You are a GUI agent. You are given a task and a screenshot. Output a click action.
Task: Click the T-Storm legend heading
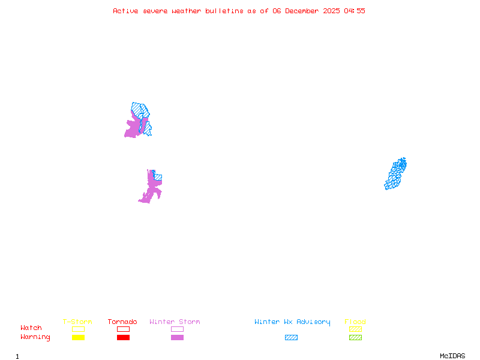click(x=77, y=322)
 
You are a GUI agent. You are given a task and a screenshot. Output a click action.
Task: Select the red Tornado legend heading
click(x=122, y=322)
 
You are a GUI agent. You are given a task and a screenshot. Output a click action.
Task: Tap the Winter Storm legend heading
click(x=175, y=322)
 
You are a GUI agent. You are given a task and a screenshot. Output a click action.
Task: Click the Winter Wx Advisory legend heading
click(x=292, y=322)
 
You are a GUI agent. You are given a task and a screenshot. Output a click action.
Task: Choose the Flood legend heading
click(x=355, y=322)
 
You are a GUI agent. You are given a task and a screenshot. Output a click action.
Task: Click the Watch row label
click(x=31, y=328)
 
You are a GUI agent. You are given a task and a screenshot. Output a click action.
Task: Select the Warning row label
click(x=35, y=337)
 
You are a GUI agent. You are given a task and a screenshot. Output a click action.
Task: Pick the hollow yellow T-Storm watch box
click(x=78, y=329)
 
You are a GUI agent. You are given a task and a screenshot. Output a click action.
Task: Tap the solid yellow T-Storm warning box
click(x=78, y=338)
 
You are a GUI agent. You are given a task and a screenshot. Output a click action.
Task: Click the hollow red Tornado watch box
click(x=123, y=329)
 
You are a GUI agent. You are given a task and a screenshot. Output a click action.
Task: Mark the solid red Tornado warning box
click(x=123, y=338)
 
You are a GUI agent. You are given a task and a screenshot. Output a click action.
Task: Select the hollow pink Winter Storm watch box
click(x=177, y=329)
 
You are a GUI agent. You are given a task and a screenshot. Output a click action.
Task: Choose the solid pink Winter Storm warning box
click(x=177, y=338)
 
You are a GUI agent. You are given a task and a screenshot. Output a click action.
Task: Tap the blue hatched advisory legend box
click(x=291, y=338)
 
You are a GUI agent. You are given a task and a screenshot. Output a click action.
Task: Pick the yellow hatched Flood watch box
click(x=355, y=329)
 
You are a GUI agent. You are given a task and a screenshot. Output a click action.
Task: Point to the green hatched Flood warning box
click(x=355, y=338)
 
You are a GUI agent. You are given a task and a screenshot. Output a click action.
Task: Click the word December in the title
click(x=305, y=11)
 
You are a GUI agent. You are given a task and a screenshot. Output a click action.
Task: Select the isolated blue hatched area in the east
click(x=395, y=174)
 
